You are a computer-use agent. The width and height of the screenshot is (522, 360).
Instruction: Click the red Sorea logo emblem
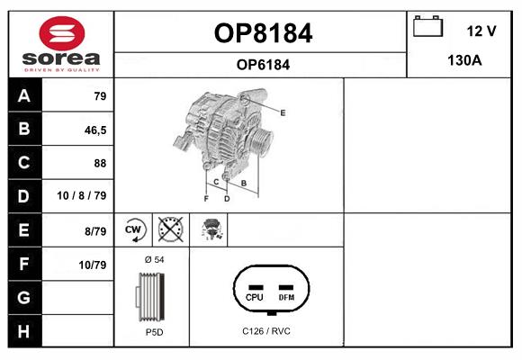(x=62, y=33)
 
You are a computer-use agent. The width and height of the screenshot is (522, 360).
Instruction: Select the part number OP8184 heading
(x=263, y=33)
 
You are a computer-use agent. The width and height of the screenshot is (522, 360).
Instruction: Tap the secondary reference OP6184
(x=263, y=65)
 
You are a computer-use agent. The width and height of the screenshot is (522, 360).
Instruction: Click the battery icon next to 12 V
(x=427, y=26)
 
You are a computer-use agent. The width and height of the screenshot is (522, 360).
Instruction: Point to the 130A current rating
(x=464, y=60)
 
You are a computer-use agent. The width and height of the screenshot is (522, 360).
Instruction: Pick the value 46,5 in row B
(x=95, y=130)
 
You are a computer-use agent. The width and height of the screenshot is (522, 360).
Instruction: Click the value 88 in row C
(x=100, y=163)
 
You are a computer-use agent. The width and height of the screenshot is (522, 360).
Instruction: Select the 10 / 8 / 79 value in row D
(x=82, y=195)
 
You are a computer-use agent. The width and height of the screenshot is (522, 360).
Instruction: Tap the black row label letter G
(x=23, y=297)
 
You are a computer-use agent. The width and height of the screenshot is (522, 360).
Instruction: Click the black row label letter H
(x=23, y=331)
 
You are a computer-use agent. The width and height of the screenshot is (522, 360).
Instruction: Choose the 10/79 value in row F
(x=93, y=265)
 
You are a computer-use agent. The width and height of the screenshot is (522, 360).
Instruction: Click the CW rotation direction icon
(x=134, y=229)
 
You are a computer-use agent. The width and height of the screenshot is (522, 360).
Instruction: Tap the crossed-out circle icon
(x=171, y=229)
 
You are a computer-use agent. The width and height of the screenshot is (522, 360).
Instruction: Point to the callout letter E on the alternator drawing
(x=283, y=112)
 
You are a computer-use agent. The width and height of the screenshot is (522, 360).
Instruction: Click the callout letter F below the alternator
(x=206, y=199)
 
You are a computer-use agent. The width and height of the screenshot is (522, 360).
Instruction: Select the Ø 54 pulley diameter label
(x=155, y=259)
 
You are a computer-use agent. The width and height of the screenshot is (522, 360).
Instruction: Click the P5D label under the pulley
(x=155, y=332)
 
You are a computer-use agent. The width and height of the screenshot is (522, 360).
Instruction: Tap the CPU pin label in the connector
(x=255, y=297)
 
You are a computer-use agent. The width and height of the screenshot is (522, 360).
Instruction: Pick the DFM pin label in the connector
(x=286, y=297)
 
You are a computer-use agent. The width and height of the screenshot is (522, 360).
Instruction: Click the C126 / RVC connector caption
(x=266, y=331)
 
